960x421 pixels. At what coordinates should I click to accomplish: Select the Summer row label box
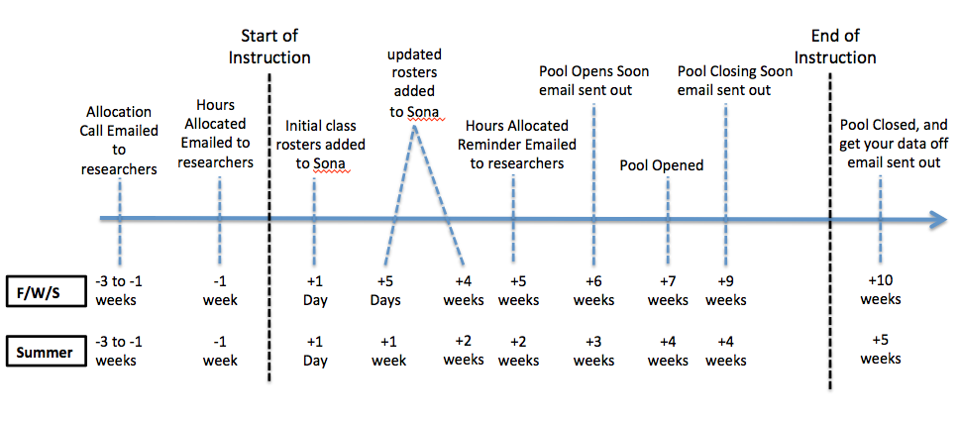pyautogui.click(x=48, y=353)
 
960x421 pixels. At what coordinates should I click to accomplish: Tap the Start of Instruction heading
pyautogui.click(x=269, y=47)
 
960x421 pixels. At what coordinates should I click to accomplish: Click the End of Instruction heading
pyautogui.click(x=834, y=47)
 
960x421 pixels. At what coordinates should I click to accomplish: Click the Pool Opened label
pyautogui.click(x=661, y=165)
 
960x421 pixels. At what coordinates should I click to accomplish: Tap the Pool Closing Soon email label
pyautogui.click(x=735, y=81)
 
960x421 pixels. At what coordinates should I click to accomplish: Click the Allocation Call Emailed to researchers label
pyautogui.click(x=119, y=140)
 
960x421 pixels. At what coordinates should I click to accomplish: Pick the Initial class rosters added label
pyautogui.click(x=325, y=145)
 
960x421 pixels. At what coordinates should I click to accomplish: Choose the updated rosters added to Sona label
pyautogui.click(x=414, y=83)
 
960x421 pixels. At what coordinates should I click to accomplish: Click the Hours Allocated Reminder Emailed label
pyautogui.click(x=520, y=145)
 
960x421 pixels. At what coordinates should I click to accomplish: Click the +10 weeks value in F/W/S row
pyautogui.click(x=881, y=289)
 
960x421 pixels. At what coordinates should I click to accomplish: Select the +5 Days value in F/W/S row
pyautogui.click(x=388, y=291)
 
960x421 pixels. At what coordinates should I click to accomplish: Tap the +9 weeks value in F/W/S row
pyautogui.click(x=725, y=291)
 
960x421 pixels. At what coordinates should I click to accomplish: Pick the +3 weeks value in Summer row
pyautogui.click(x=593, y=352)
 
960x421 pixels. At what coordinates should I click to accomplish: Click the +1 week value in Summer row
pyautogui.click(x=388, y=352)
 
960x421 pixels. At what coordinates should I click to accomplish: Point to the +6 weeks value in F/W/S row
pyautogui.click(x=593, y=291)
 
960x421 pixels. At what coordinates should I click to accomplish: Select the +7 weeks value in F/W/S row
pyautogui.click(x=668, y=291)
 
